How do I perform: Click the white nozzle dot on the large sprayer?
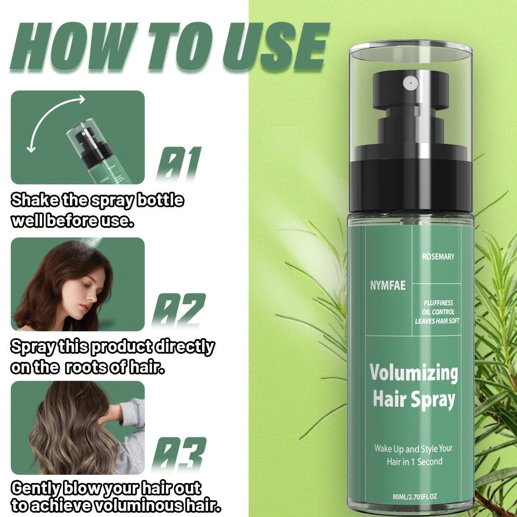410,84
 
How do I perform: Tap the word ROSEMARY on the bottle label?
438,257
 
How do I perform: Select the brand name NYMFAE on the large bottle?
388,286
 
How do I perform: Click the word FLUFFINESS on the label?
439,303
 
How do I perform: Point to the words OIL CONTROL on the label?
438,312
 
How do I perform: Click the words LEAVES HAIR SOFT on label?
437,321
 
